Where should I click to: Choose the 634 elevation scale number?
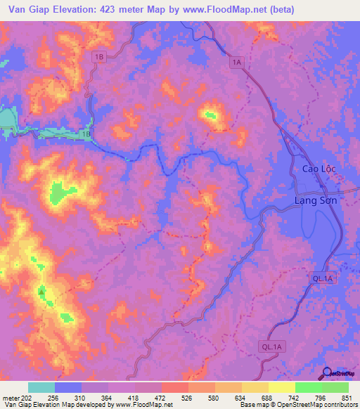tap(226, 397)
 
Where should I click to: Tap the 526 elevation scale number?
tap(188, 397)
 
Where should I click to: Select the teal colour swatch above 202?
tap(41, 387)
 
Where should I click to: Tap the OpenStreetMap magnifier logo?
tap(327, 373)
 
